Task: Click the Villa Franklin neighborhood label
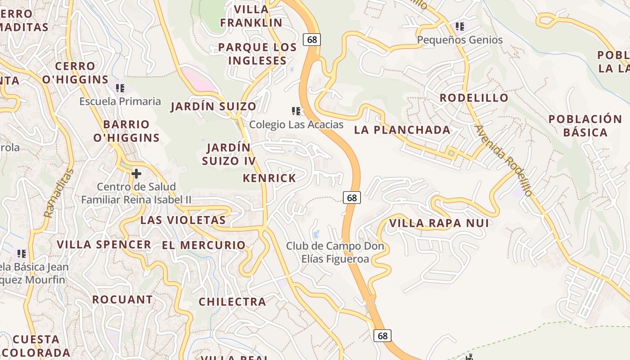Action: [251, 16]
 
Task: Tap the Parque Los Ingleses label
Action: [257, 54]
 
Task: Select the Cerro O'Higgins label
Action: [75, 73]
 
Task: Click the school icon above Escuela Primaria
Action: [120, 88]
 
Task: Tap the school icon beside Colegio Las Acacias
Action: [296, 111]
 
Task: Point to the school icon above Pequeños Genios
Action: [459, 27]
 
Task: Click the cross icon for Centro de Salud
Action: [136, 174]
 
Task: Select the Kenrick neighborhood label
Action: [270, 178]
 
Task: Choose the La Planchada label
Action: [402, 130]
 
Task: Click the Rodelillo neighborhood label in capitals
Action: [474, 98]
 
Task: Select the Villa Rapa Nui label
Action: [439, 223]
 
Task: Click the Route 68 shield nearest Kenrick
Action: [352, 197]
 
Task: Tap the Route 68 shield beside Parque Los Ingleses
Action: [312, 40]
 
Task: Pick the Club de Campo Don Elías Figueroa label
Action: [335, 252]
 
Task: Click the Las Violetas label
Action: [183, 220]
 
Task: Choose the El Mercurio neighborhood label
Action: [204, 245]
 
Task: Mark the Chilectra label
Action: [232, 301]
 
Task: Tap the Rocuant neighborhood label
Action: [122, 300]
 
